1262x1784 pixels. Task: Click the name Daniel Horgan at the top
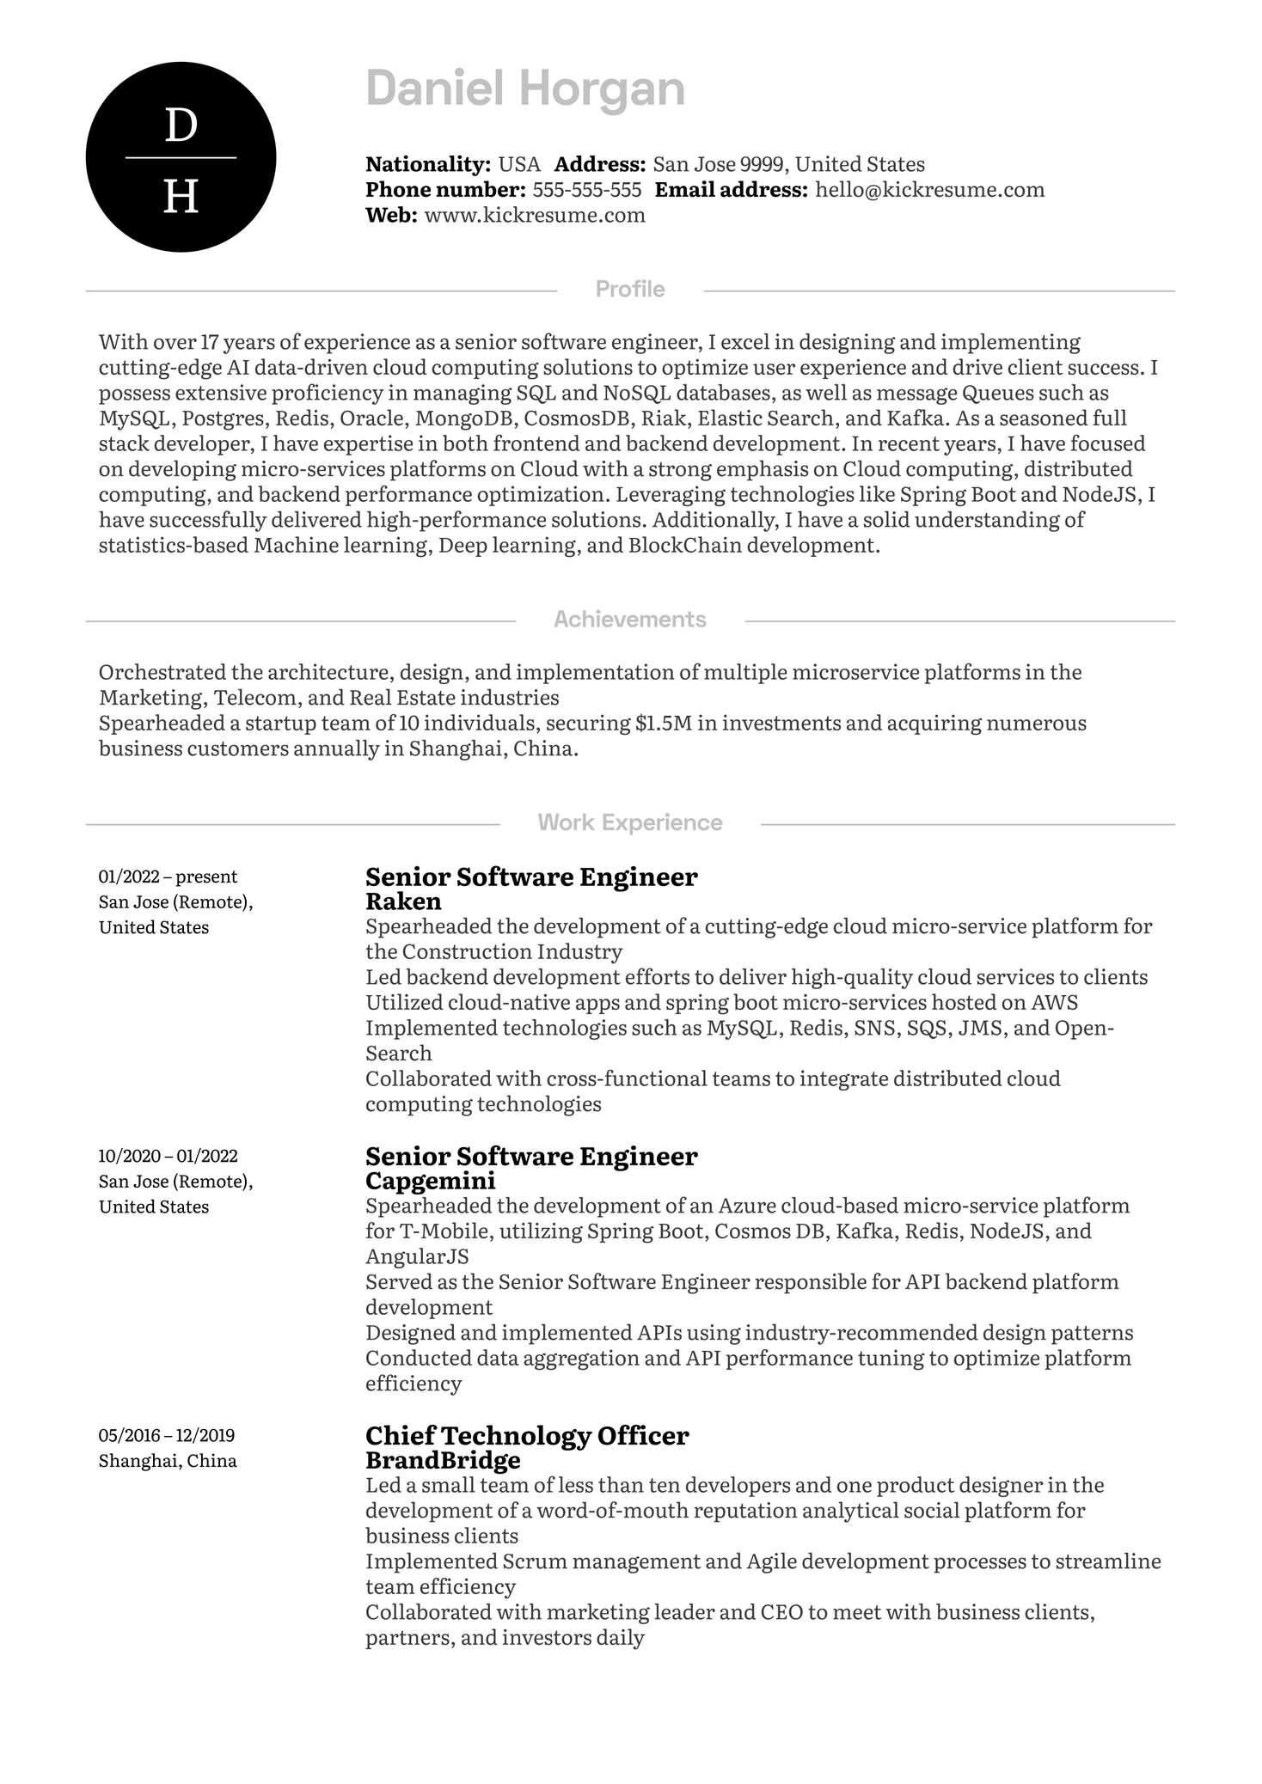(525, 89)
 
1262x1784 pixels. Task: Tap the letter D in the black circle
(181, 126)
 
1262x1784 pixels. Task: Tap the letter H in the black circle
(181, 197)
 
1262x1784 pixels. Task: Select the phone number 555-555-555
(586, 190)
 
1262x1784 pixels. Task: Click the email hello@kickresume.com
(929, 190)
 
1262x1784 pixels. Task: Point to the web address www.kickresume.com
(535, 215)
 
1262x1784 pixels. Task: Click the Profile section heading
(630, 290)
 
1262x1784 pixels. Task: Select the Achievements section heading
(630, 620)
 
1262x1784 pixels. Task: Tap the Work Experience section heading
(630, 823)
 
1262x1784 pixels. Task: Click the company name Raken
(403, 901)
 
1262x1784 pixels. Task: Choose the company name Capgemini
(431, 1181)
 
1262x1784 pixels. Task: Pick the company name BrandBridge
(443, 1460)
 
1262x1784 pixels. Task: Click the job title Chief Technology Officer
(527, 1436)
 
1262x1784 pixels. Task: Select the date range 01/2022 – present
(168, 877)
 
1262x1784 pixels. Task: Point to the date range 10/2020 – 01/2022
(168, 1156)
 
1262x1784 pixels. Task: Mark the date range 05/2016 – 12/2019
(167, 1435)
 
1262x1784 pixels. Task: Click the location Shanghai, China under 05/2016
(168, 1461)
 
